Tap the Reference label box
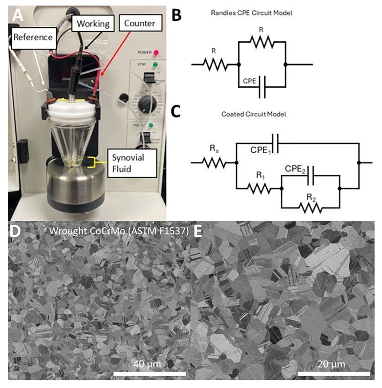click(x=33, y=35)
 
